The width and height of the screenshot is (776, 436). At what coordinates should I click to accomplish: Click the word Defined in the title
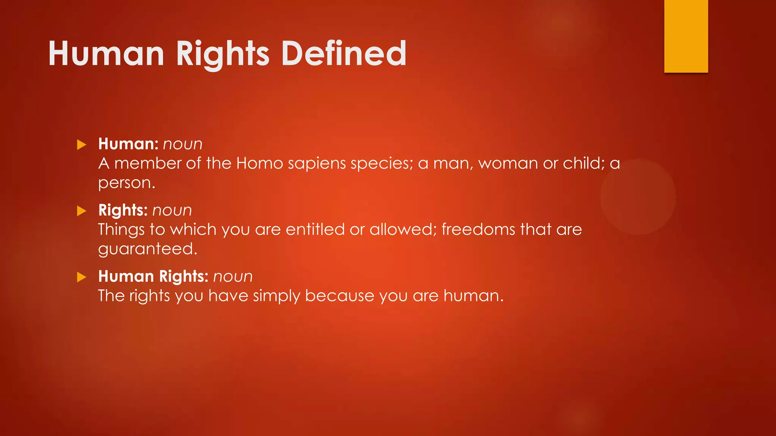(x=343, y=54)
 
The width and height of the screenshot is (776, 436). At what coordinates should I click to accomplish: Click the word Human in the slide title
(x=106, y=54)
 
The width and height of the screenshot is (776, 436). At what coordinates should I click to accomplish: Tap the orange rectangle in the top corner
(x=686, y=36)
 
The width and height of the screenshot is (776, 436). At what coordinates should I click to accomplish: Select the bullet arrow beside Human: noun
(x=81, y=145)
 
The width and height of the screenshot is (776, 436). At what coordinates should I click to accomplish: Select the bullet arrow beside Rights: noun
(x=81, y=211)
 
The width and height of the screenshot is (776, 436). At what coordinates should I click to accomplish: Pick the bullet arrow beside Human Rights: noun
(x=81, y=277)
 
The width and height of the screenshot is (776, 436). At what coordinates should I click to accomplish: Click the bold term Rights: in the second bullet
(x=123, y=210)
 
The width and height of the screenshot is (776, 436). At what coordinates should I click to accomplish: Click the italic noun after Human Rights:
(x=233, y=277)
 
